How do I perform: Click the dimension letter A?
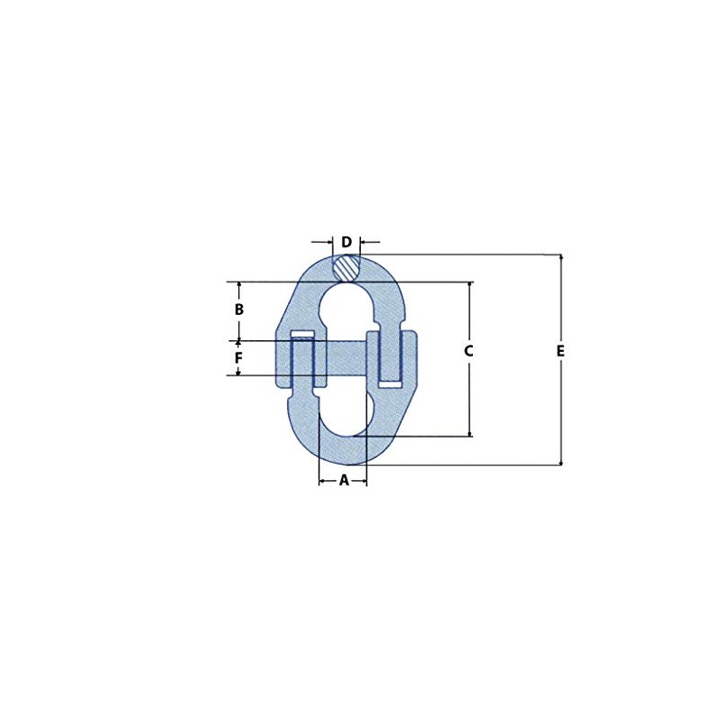tap(344, 481)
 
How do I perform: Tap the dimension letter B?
tap(239, 310)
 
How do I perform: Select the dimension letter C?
tap(469, 351)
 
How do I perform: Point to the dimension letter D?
tap(347, 242)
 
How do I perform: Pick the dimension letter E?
tap(560, 351)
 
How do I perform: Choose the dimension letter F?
tap(238, 358)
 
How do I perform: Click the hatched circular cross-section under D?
tap(347, 268)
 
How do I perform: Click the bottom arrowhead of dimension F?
tap(238, 372)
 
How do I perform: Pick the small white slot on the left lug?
tap(303, 336)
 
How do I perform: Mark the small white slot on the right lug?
tap(390, 384)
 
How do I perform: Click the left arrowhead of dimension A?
tap(322, 481)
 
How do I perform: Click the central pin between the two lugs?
tap(341, 358)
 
